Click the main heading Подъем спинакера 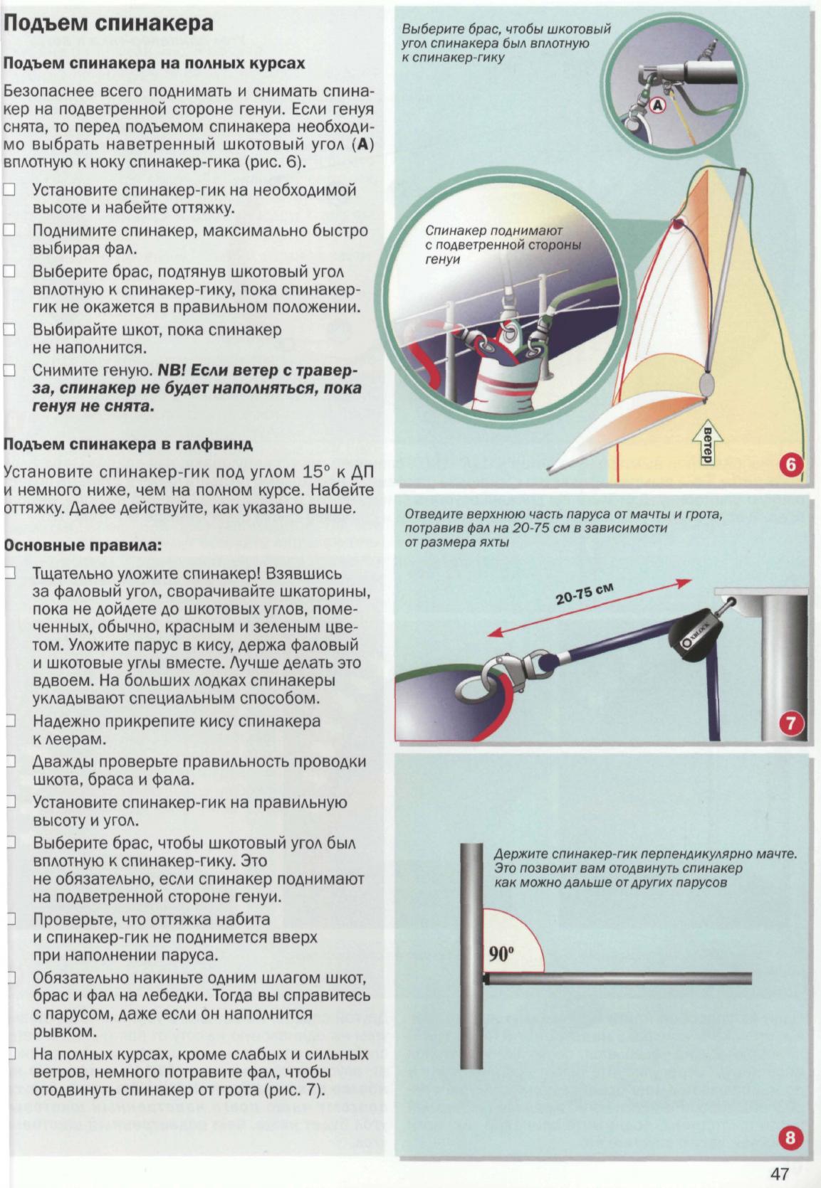(x=108, y=23)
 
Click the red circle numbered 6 (x=791, y=466)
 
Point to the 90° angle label (x=501, y=953)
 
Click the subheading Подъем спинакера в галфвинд (x=128, y=444)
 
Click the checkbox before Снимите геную (x=9, y=370)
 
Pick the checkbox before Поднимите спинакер (x=9, y=230)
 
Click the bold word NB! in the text (x=171, y=370)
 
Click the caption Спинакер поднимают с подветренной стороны (x=503, y=245)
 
